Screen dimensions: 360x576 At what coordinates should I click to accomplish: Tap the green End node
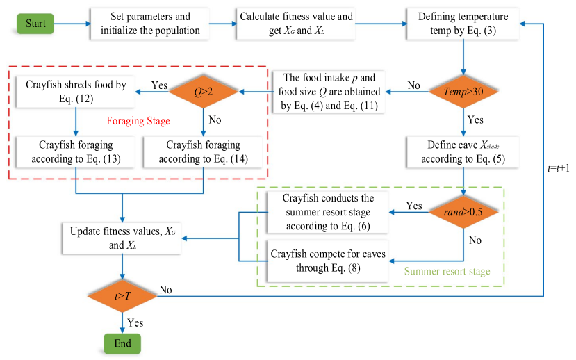122,343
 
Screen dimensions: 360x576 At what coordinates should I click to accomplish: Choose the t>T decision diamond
122,297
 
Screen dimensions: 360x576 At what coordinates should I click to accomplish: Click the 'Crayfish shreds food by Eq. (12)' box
76,91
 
